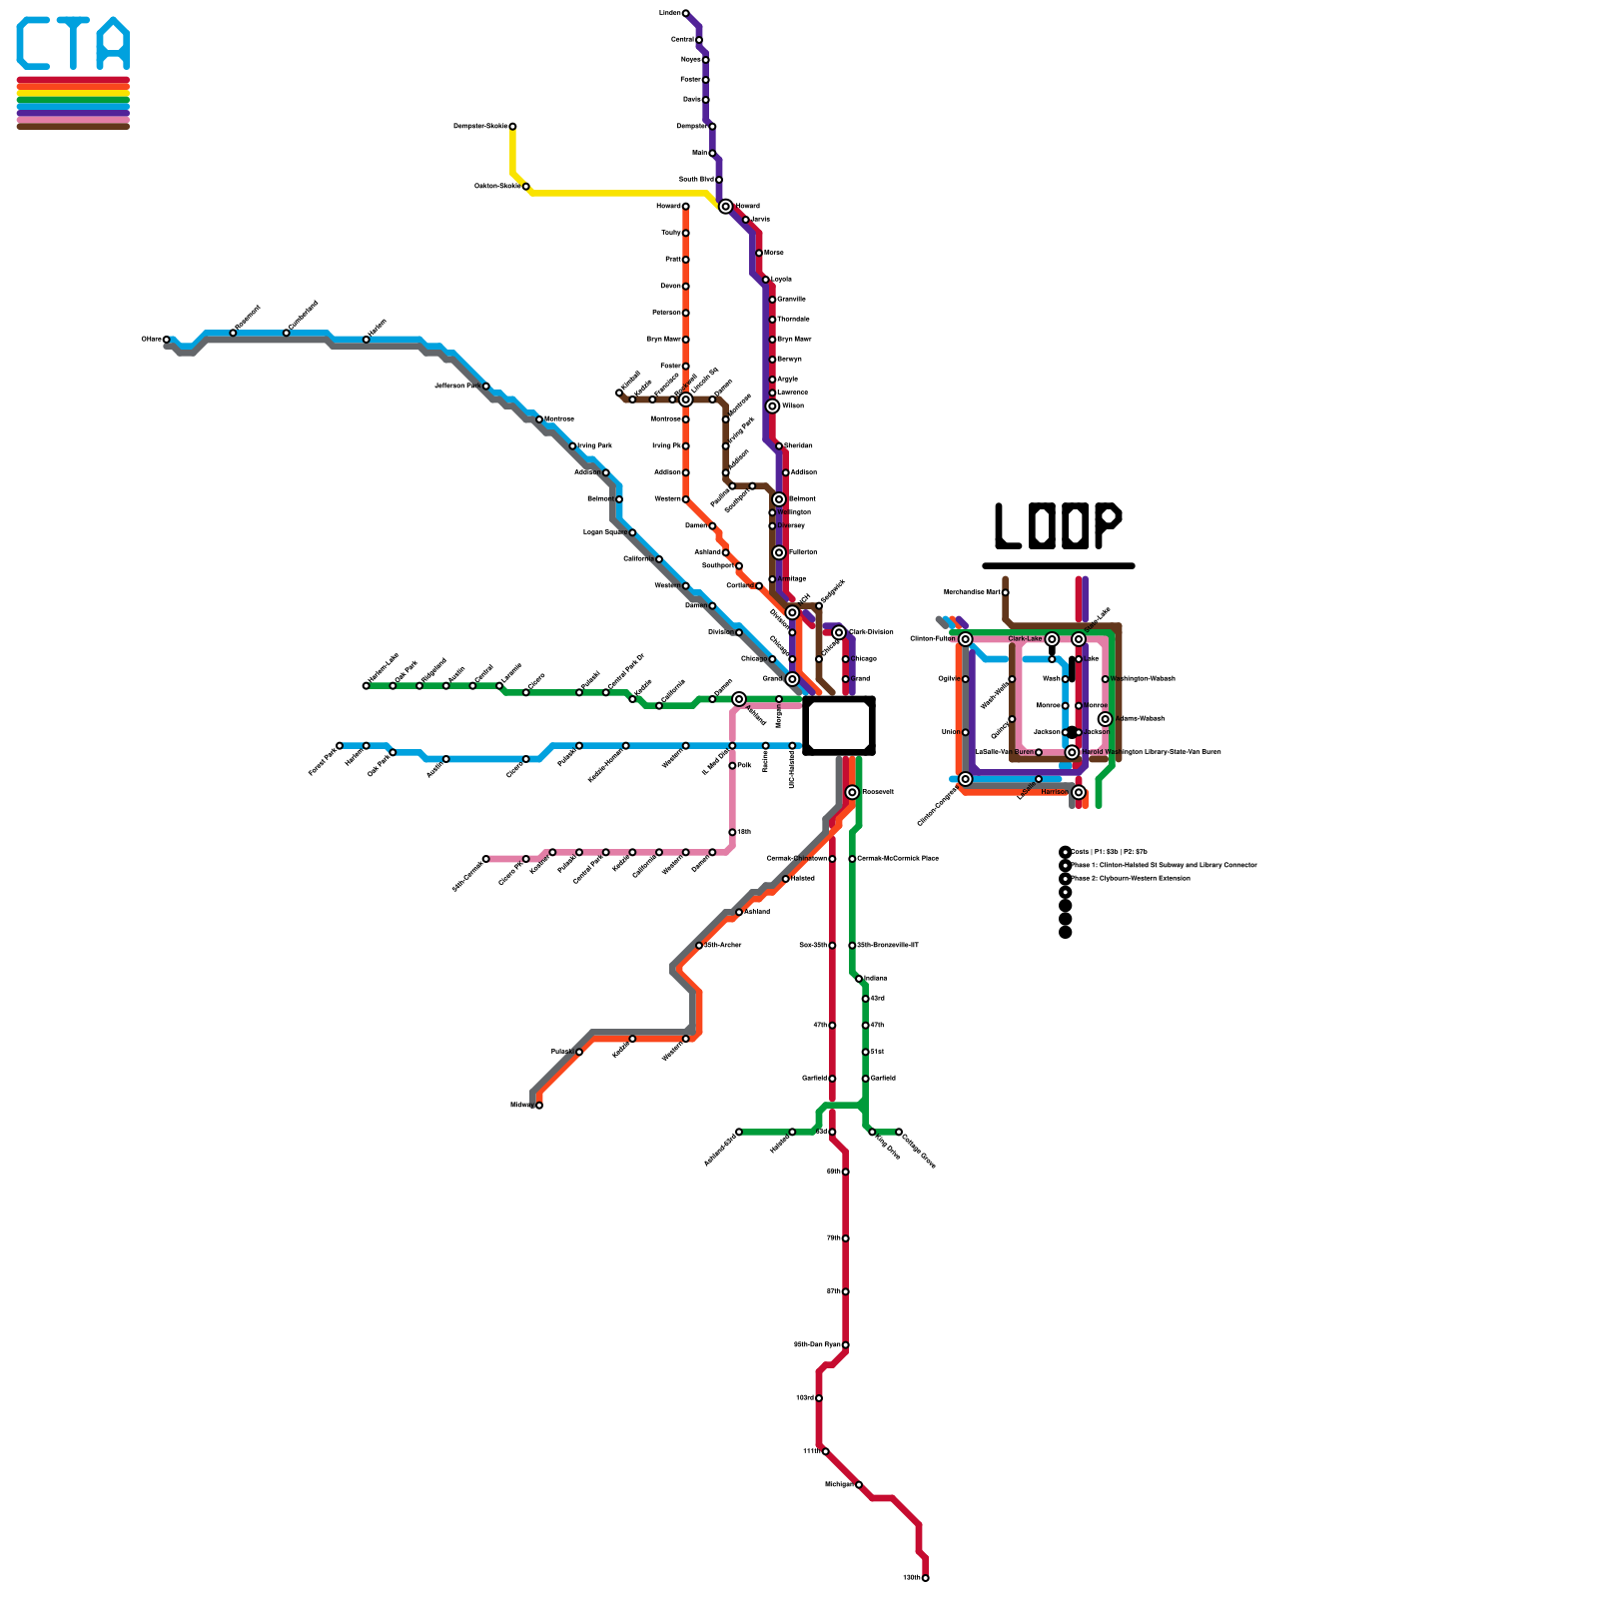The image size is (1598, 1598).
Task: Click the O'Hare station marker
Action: pos(167,340)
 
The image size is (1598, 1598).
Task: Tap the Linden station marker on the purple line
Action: pos(685,13)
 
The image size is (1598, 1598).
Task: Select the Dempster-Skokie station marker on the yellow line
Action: pos(512,127)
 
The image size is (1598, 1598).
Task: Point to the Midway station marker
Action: pos(539,1105)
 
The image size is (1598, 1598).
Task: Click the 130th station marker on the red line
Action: pos(926,1578)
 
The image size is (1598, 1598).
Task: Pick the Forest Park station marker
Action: pos(340,745)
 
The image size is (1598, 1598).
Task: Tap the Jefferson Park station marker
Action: pos(486,386)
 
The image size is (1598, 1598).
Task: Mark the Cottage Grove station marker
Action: pos(899,1132)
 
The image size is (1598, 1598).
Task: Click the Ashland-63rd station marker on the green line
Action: pos(739,1132)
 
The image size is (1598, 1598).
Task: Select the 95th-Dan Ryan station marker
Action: pos(846,1344)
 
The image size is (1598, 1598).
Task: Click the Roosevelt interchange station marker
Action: pos(852,792)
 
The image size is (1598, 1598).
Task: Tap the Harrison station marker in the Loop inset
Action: pos(1079,792)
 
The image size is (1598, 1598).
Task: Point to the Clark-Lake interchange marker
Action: pos(1052,639)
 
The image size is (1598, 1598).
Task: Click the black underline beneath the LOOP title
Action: pos(1059,566)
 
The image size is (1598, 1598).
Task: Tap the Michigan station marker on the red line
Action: pos(859,1484)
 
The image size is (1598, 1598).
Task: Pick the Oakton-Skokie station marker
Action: pos(526,187)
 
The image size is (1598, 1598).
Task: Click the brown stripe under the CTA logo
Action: pos(73,126)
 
